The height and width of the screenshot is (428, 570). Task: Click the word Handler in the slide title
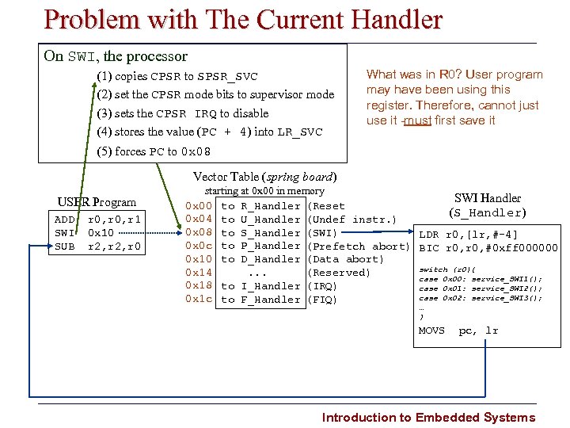point(391,20)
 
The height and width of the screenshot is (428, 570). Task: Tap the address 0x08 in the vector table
point(198,232)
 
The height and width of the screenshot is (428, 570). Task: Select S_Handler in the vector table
point(270,232)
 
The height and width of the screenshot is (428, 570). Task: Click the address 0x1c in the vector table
point(198,299)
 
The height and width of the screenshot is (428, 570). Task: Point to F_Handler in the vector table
point(270,299)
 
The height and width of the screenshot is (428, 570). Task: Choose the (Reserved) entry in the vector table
point(338,273)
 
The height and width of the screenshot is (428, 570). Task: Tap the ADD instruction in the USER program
point(65,220)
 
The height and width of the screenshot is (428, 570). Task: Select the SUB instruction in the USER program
point(65,246)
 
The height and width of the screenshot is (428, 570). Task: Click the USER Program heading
point(97,202)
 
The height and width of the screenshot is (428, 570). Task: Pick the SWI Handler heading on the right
point(487,198)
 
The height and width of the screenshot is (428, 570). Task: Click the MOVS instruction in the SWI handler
point(431,331)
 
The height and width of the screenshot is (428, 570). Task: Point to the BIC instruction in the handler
point(428,248)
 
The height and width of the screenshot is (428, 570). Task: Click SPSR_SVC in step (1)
point(227,77)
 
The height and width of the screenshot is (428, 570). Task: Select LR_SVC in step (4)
point(299,132)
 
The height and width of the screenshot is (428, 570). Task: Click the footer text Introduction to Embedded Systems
point(428,418)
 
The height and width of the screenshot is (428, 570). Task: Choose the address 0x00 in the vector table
point(198,206)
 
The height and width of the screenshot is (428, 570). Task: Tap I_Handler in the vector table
point(270,285)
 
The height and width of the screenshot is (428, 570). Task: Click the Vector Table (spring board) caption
point(265,177)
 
